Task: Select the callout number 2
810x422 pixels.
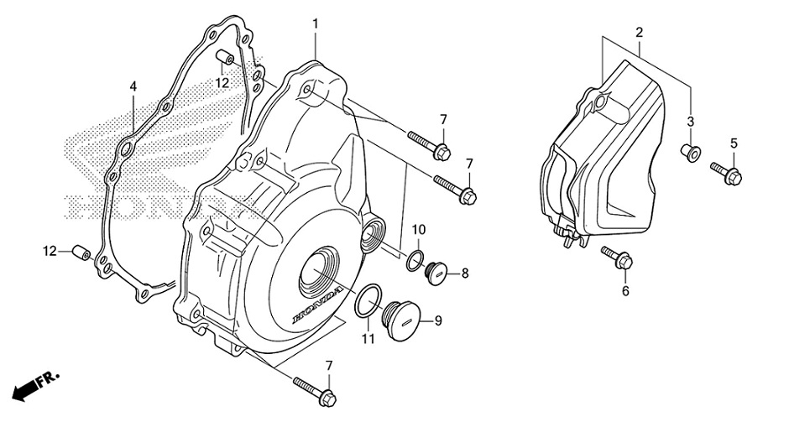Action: (639, 33)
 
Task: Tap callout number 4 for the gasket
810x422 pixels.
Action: (133, 86)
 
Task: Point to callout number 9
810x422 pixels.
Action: (438, 320)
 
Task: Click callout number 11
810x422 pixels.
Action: (365, 338)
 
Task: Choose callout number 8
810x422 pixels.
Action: (464, 273)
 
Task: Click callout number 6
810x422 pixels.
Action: (624, 291)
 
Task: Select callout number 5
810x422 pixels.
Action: (733, 143)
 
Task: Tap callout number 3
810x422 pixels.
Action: (691, 122)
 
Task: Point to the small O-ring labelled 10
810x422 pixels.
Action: (415, 259)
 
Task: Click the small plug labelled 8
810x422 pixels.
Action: (436, 273)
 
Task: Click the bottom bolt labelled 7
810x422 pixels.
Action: (315, 388)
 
